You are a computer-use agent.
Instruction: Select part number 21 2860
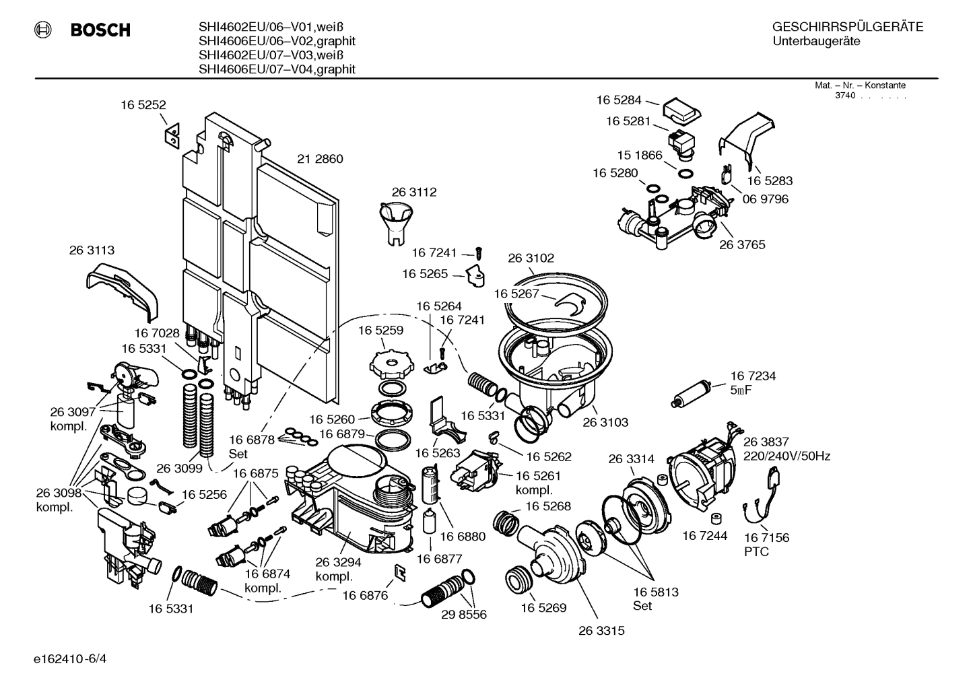pyautogui.click(x=320, y=159)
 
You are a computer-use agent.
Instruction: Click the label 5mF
pyautogui.click(x=741, y=390)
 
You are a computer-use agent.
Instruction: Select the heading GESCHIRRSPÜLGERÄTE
pyautogui.click(x=847, y=27)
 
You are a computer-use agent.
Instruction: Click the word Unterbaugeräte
pyautogui.click(x=816, y=42)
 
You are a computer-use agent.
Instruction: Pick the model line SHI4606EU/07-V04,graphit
pyautogui.click(x=277, y=69)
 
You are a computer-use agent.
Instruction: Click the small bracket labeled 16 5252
pyautogui.click(x=172, y=134)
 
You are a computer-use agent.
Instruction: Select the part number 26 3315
pyautogui.click(x=601, y=631)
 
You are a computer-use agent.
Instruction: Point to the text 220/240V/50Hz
pyautogui.click(x=786, y=456)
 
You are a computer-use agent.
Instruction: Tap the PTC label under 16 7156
pyautogui.click(x=756, y=552)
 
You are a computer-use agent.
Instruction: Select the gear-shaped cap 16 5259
pyautogui.click(x=390, y=364)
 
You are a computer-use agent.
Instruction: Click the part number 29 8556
pyautogui.click(x=463, y=615)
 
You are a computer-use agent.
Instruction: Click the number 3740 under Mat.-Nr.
pyautogui.click(x=844, y=96)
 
